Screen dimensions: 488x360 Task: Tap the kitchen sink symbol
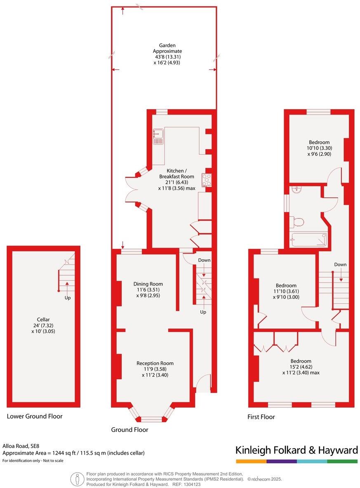[x=158, y=136]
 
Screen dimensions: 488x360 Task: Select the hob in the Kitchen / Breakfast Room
[x=206, y=180]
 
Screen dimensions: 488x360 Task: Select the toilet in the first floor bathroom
[x=296, y=222]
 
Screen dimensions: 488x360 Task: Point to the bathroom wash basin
[x=296, y=189]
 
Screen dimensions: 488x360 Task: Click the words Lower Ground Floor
[x=35, y=416]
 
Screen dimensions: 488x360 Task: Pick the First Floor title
[x=261, y=417]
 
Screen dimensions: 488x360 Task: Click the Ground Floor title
[x=129, y=429]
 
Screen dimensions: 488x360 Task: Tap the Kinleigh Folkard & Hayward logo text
[x=296, y=450]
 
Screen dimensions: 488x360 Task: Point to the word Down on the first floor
[x=340, y=265]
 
